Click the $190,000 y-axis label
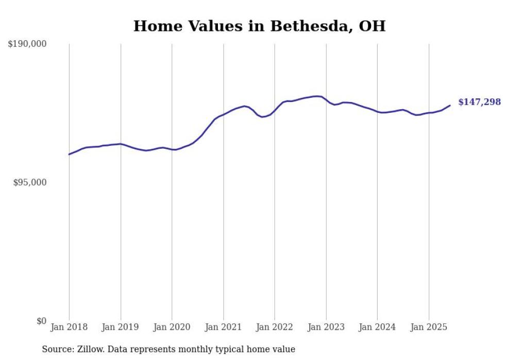(27, 44)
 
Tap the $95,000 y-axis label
(29, 182)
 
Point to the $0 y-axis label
(41, 321)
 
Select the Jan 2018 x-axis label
(69, 327)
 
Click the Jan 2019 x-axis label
(121, 327)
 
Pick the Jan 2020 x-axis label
(172, 327)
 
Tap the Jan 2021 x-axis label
(223, 327)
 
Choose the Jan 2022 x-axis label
(275, 327)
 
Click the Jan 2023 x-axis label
(326, 327)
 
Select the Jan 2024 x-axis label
(377, 327)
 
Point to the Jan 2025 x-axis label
(429, 327)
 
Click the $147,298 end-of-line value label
(479, 102)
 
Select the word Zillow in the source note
(88, 349)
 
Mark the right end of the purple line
(450, 106)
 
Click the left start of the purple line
(69, 154)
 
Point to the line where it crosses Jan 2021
(223, 114)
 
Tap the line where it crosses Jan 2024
(377, 112)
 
